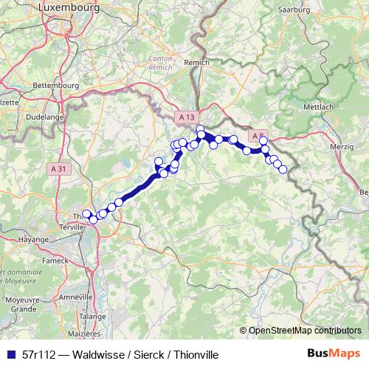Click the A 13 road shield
[x=188, y=117]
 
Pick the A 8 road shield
[x=258, y=136]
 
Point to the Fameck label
[x=55, y=260]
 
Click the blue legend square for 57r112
[x=10, y=355]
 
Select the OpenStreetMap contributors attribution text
[x=304, y=331]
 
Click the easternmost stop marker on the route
[x=283, y=170]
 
